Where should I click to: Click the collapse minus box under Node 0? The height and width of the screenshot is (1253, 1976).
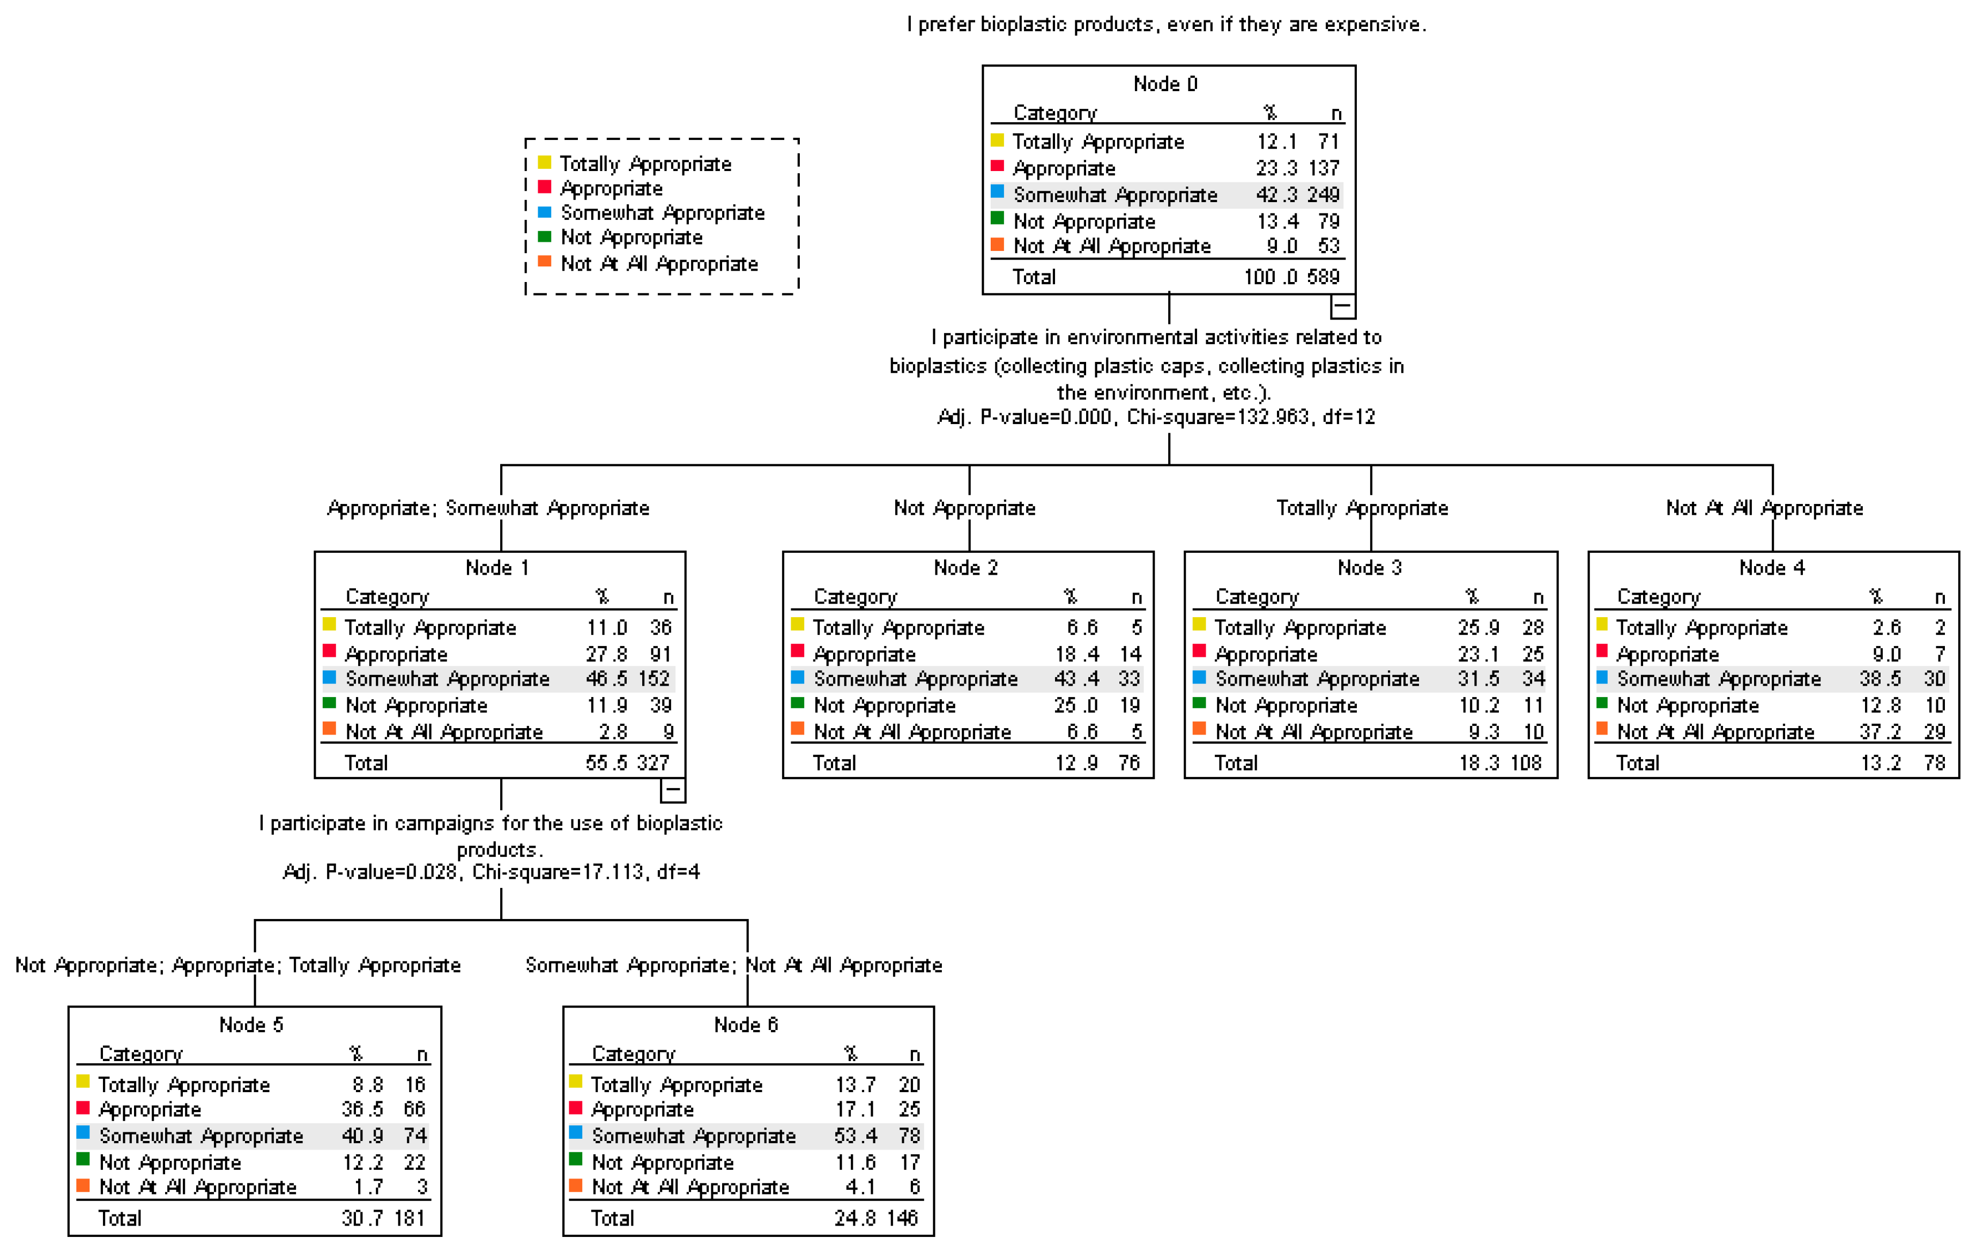pyautogui.click(x=1342, y=307)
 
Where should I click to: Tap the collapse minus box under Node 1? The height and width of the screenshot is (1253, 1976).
pyautogui.click(x=672, y=790)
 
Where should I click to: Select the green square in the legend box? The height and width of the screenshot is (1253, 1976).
pyautogui.click(x=544, y=237)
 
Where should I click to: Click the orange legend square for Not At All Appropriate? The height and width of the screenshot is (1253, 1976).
pyautogui.click(x=544, y=262)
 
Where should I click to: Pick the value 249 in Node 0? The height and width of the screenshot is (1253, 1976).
pyautogui.click(x=1323, y=195)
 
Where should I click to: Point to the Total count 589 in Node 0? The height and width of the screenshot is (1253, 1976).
pyautogui.click(x=1323, y=277)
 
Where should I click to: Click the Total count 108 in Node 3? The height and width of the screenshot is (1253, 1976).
pyautogui.click(x=1526, y=763)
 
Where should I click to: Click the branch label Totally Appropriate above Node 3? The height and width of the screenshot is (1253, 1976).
pyautogui.click(x=1362, y=508)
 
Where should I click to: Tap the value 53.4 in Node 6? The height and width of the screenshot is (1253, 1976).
pyautogui.click(x=856, y=1136)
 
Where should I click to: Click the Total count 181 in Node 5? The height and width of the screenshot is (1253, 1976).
pyautogui.click(x=410, y=1218)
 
